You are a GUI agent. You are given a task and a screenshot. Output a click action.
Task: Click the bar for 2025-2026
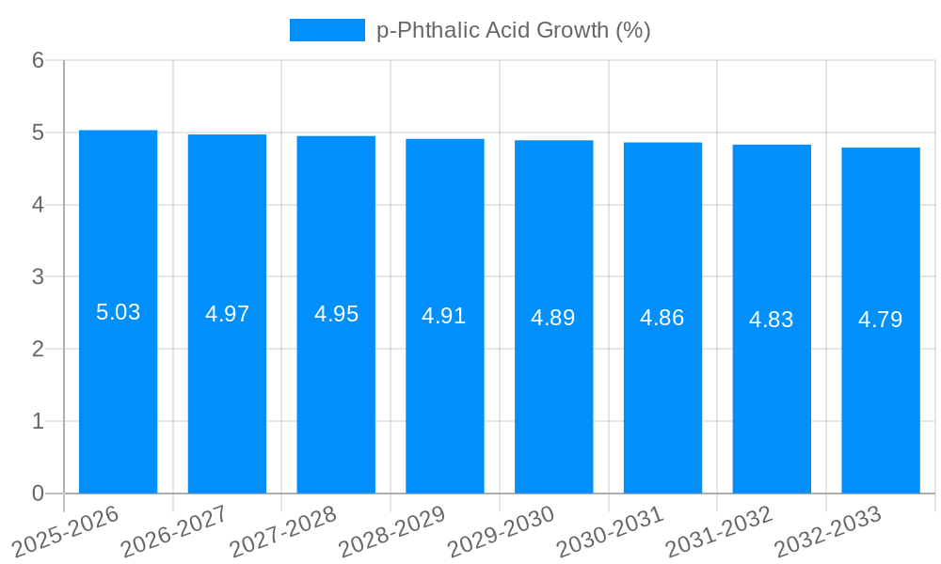[x=118, y=395]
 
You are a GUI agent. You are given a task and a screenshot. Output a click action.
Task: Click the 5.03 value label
[x=119, y=312]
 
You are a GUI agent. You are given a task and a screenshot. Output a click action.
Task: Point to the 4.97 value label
[x=228, y=314]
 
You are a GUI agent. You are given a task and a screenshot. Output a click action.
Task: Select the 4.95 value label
[x=337, y=314]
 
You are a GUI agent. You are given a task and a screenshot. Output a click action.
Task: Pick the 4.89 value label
[x=553, y=318]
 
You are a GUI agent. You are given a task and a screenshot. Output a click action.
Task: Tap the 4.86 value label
[x=662, y=318]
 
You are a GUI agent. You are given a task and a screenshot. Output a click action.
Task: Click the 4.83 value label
[x=772, y=320]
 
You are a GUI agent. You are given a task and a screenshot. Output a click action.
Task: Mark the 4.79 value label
[x=881, y=320]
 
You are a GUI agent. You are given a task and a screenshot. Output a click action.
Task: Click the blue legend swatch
[x=327, y=30]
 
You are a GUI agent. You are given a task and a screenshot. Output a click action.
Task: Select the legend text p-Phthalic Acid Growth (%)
[x=514, y=30]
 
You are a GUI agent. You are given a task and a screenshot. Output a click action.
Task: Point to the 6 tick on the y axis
[x=38, y=60]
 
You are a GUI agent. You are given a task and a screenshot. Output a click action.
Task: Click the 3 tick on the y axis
[x=38, y=276]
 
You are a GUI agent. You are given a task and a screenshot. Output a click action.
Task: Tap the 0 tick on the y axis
[x=38, y=493]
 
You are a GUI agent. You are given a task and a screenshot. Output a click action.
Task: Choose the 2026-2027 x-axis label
[x=175, y=531]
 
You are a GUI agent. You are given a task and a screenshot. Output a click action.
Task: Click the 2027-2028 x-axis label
[x=283, y=531]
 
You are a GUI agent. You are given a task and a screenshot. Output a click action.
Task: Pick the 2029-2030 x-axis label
[x=502, y=531]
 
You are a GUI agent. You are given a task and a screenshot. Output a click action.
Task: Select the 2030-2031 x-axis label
[x=611, y=531]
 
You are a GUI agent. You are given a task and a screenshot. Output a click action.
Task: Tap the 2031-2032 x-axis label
[x=720, y=531]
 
